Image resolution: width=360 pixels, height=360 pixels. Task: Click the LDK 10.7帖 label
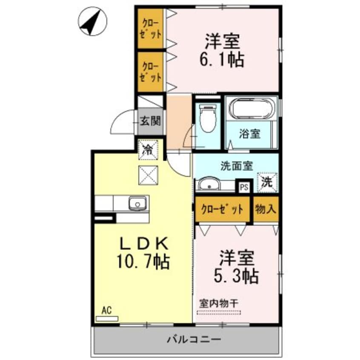coord(143,253)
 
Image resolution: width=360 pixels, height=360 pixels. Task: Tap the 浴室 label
coord(249,134)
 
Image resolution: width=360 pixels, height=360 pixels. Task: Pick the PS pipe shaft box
coord(244,186)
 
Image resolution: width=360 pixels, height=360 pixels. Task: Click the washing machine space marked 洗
coord(267,182)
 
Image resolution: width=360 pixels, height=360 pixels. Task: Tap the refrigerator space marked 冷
coord(148,149)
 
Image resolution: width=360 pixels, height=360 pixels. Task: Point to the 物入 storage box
coord(266,209)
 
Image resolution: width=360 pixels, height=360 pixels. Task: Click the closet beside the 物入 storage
coord(223,209)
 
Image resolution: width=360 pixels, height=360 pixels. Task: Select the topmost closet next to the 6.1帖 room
coord(150,29)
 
